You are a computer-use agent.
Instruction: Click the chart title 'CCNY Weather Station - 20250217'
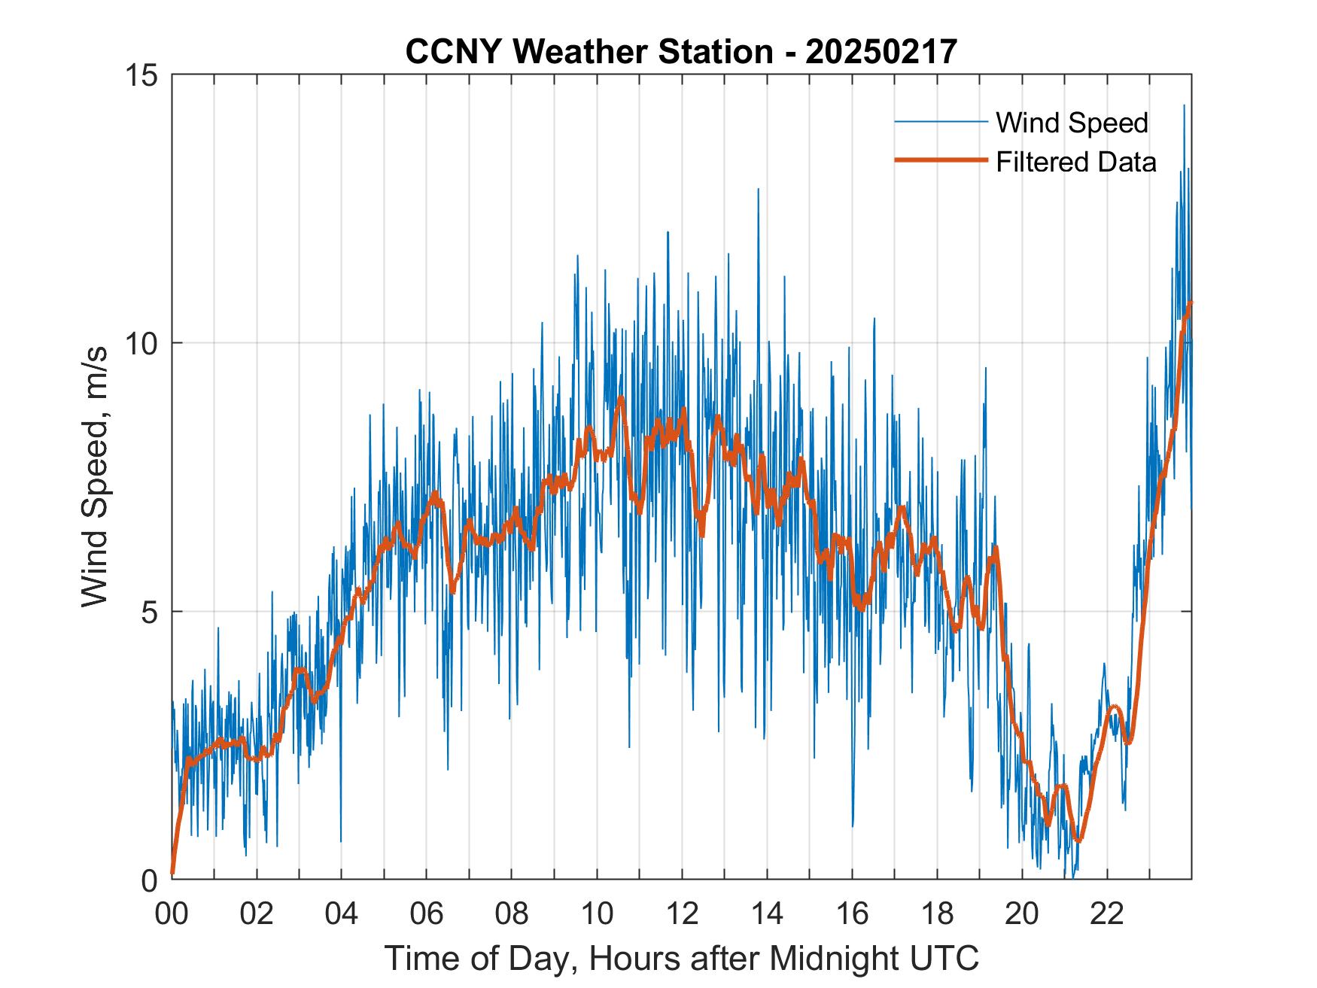pyautogui.click(x=681, y=52)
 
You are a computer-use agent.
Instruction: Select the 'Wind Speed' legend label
pyautogui.click(x=1072, y=123)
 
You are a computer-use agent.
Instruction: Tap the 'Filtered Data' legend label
pyautogui.click(x=1075, y=162)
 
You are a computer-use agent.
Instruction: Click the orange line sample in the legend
pyautogui.click(x=941, y=160)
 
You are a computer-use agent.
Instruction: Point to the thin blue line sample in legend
pyautogui.click(x=941, y=122)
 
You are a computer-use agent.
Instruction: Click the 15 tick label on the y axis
pyautogui.click(x=140, y=75)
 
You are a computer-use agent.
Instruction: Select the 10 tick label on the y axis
pyautogui.click(x=140, y=344)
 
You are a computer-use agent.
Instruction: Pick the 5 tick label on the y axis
pyautogui.click(x=148, y=612)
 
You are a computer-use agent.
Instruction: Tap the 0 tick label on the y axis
pyautogui.click(x=148, y=880)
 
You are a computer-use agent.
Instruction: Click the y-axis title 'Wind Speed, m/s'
pyautogui.click(x=96, y=476)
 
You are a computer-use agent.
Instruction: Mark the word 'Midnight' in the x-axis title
pyautogui.click(x=832, y=959)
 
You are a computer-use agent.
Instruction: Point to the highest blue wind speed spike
pyautogui.click(x=1184, y=106)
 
